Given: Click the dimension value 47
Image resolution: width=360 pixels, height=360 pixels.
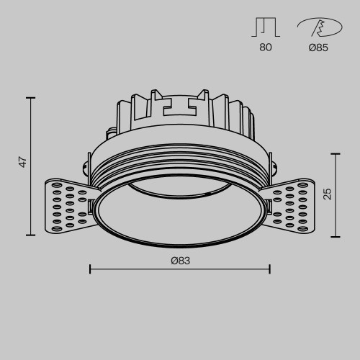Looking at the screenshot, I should pos(23,163).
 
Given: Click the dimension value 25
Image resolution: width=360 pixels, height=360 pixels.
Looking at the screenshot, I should pos(328,193).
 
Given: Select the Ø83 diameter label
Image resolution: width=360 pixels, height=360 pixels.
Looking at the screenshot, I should pos(180,261).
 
